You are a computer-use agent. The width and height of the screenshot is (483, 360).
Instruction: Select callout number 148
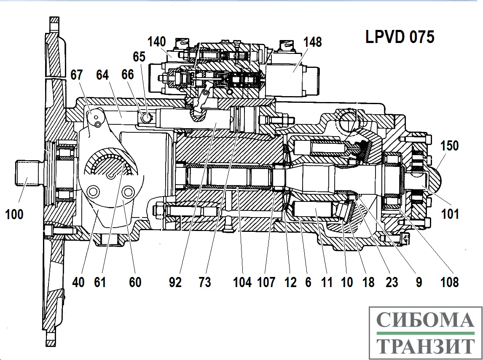312,42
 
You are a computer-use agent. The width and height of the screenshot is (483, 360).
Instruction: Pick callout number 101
450,214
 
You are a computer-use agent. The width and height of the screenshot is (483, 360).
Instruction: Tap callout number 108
450,282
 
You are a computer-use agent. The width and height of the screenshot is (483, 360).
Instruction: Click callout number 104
242,282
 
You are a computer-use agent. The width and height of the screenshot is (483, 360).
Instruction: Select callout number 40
78,282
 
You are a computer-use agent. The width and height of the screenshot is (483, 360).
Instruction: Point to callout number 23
392,282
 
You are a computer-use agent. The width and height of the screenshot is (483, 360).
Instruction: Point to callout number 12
290,282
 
